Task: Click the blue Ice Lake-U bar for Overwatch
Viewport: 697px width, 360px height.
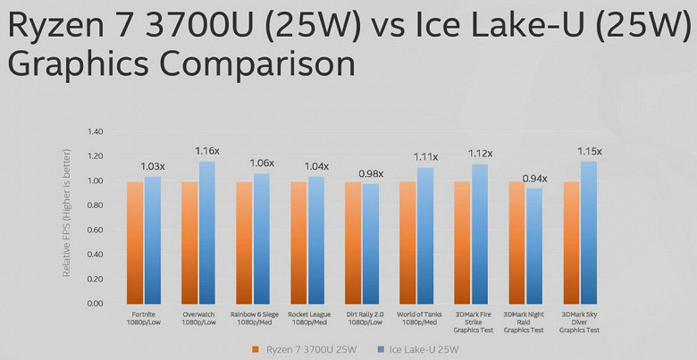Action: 207,232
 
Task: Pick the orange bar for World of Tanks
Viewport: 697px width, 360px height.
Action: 407,242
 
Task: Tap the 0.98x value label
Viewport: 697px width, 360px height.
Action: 371,173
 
